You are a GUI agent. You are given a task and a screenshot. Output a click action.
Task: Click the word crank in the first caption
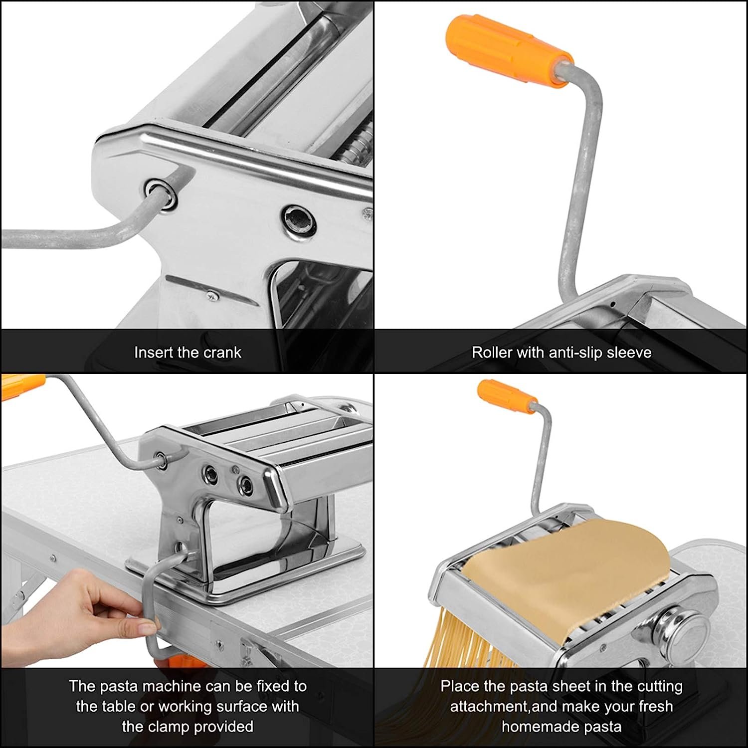pyautogui.click(x=222, y=353)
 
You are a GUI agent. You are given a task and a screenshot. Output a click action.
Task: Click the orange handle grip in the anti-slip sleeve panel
pyautogui.click(x=508, y=50)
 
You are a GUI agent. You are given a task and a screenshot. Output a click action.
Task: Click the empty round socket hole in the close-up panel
pyautogui.click(x=298, y=219)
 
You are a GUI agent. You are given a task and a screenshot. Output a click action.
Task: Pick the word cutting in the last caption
pyautogui.click(x=654, y=687)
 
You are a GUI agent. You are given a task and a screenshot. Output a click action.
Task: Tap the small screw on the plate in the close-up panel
pyautogui.click(x=214, y=295)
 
